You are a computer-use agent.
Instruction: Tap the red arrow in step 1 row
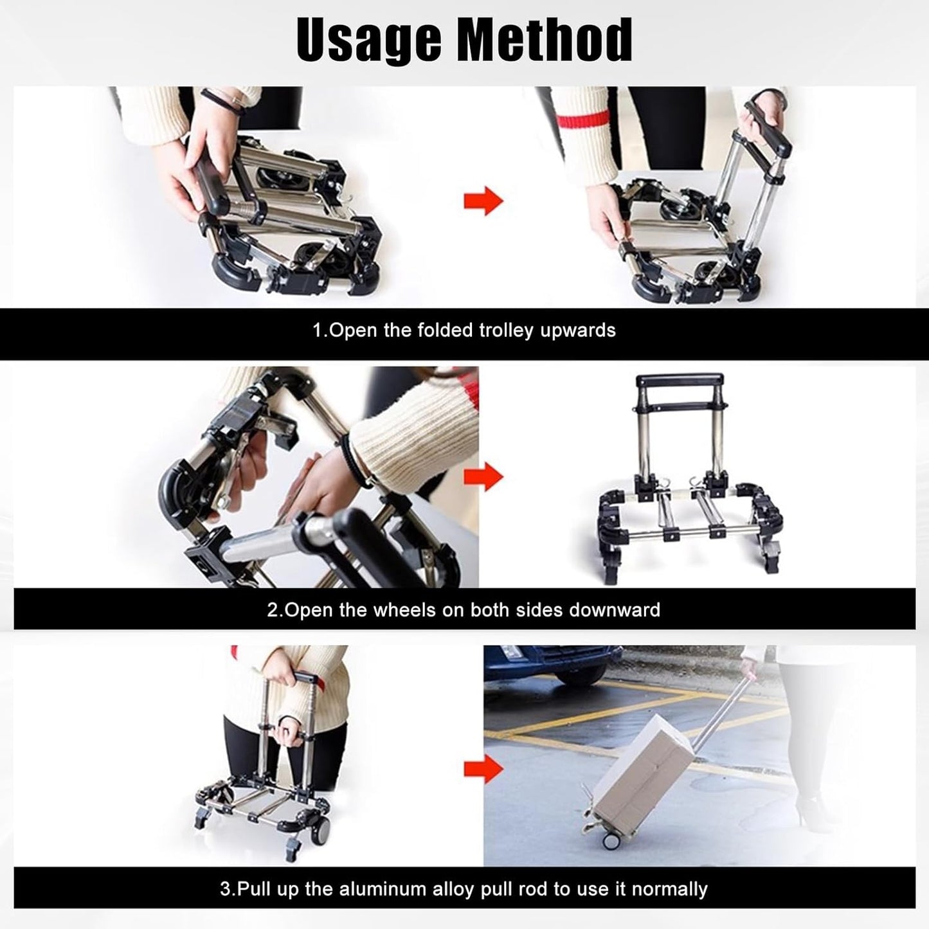point(483,201)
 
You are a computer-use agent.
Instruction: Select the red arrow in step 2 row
point(483,477)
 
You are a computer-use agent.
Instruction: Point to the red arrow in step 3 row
point(483,768)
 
